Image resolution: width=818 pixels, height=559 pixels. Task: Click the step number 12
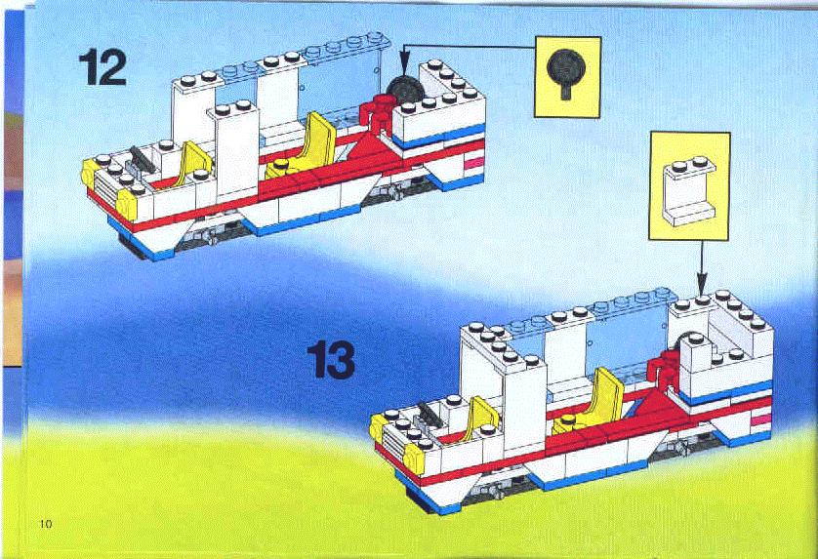(102, 66)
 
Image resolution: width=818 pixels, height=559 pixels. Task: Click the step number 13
(331, 360)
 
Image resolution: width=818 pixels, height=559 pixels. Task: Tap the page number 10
(46, 524)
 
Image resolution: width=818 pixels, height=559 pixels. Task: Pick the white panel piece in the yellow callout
(689, 192)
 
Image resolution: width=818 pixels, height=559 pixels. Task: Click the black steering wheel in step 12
(142, 159)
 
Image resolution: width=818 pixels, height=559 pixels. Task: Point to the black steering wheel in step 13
(429, 414)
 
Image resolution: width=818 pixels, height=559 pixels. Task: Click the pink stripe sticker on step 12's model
(473, 163)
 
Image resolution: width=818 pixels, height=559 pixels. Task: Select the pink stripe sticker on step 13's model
(761, 418)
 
